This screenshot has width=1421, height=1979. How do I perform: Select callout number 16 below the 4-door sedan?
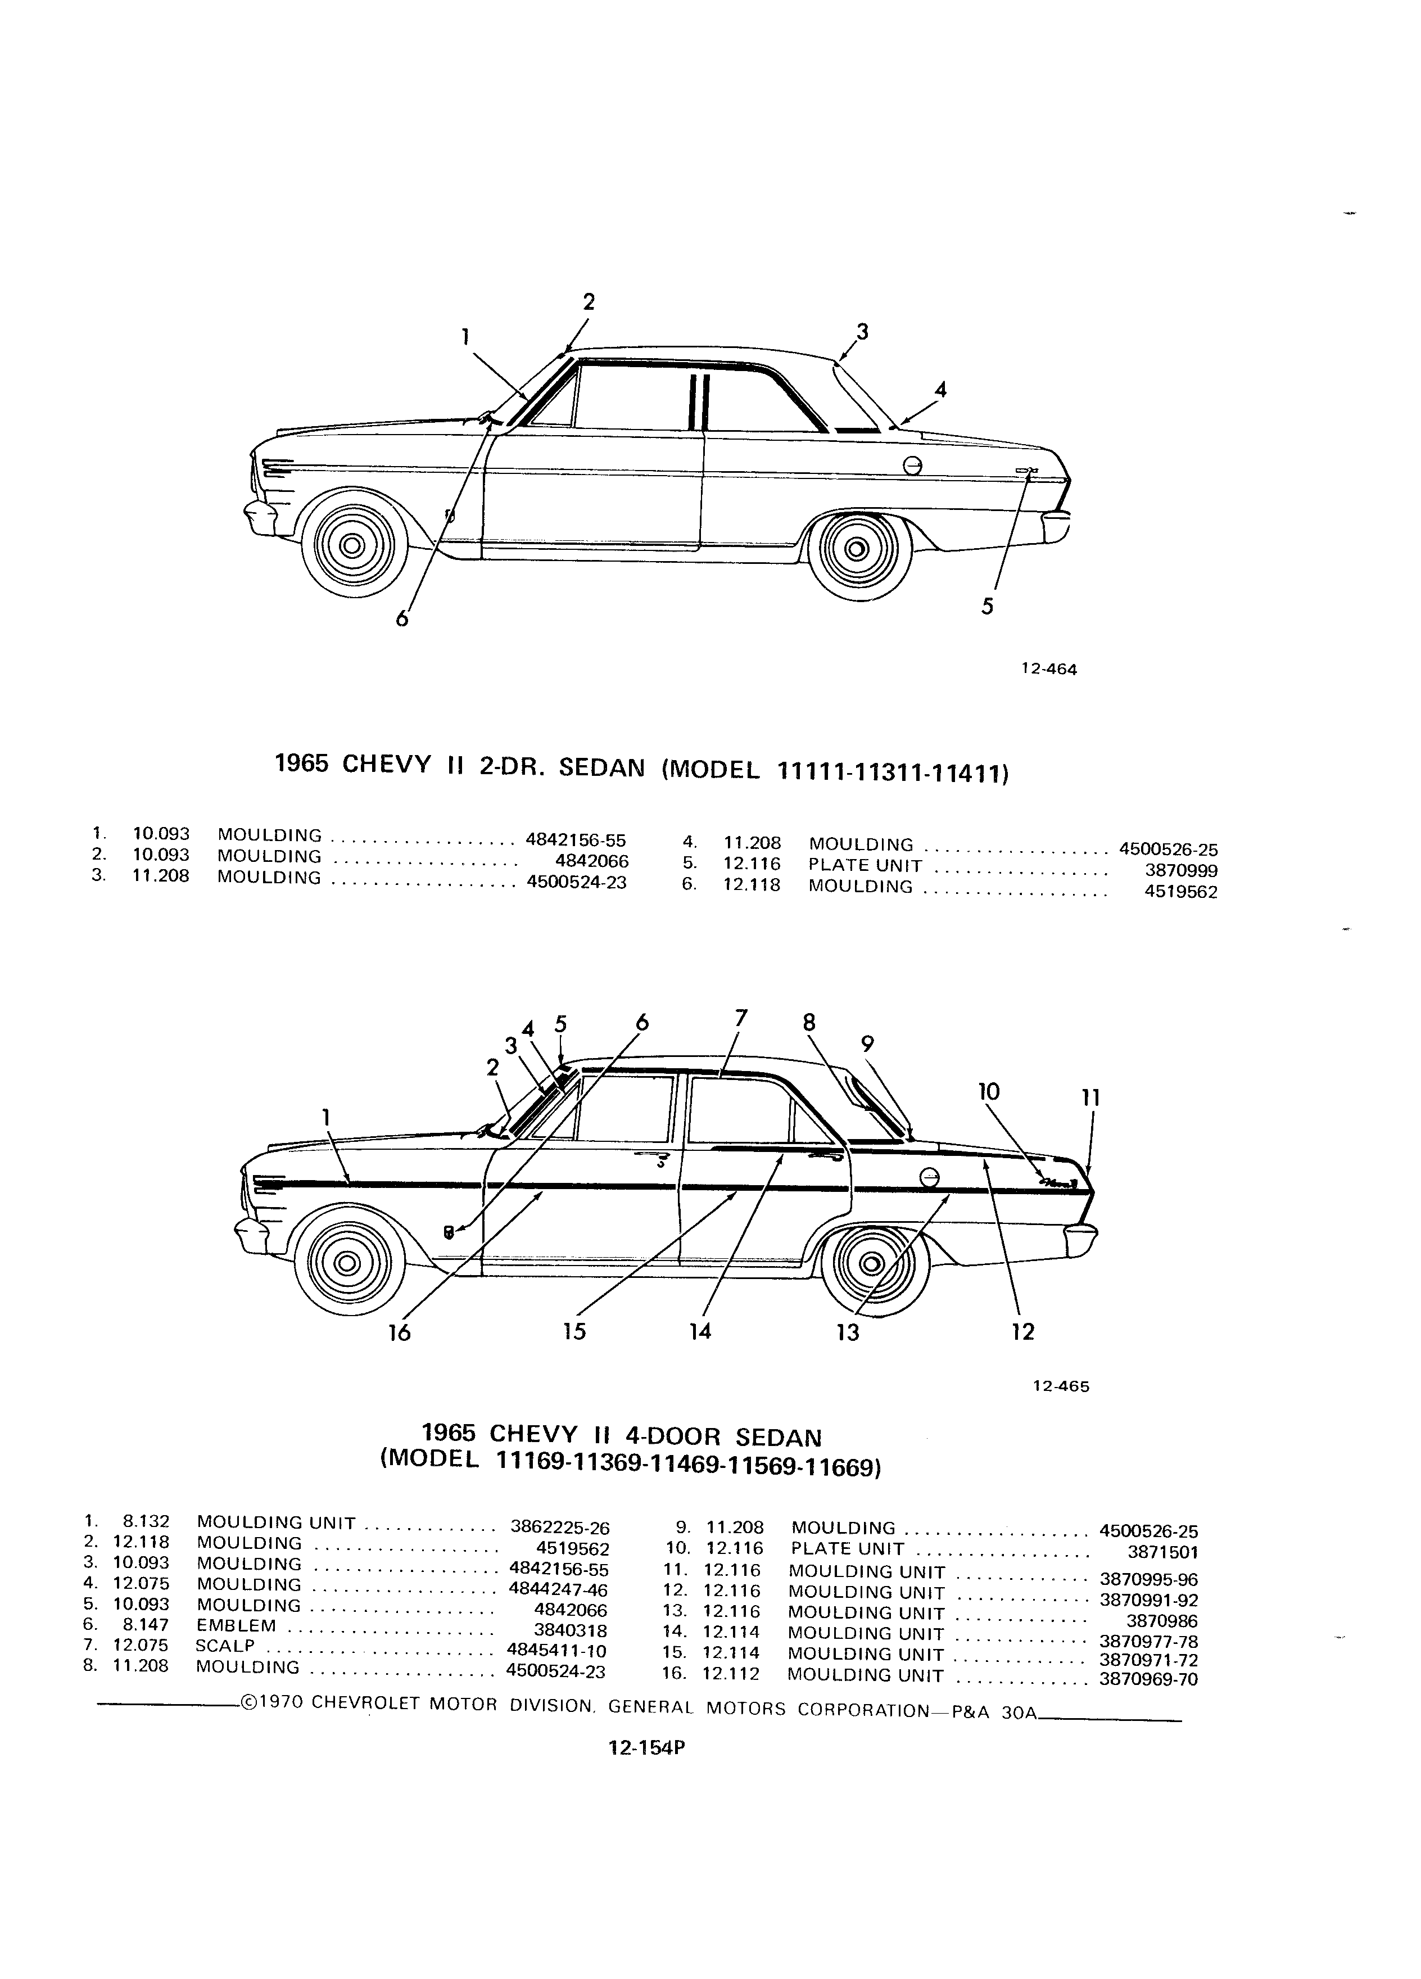(x=400, y=1332)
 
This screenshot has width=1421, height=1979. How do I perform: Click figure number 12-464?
(x=1049, y=670)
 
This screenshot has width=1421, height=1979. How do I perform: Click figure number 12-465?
(x=1061, y=1386)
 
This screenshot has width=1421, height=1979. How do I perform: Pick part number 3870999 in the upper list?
(x=1181, y=870)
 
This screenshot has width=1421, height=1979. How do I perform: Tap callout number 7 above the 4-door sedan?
(x=741, y=1018)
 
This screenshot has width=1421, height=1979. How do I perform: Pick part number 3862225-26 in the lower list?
(x=560, y=1527)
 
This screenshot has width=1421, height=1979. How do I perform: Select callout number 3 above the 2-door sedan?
(x=862, y=332)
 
